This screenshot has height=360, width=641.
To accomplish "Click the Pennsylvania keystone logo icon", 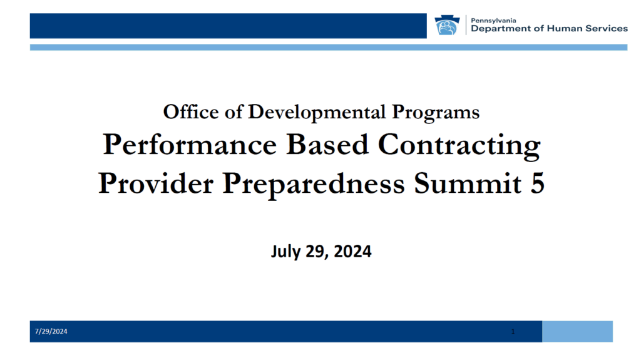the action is pyautogui.click(x=447, y=26).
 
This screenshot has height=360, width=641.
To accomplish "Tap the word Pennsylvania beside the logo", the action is pyautogui.click(x=493, y=21).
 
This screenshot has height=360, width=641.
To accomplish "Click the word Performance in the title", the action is pyautogui.click(x=190, y=145).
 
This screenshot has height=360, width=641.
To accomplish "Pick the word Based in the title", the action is pyautogui.click(x=327, y=145).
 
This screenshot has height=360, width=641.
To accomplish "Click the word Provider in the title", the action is pyautogui.click(x=156, y=183).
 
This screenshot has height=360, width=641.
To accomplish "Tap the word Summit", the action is pyautogui.click(x=468, y=183).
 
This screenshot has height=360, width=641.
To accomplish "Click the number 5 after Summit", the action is pyautogui.click(x=538, y=183).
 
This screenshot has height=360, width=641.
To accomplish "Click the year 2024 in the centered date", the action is pyautogui.click(x=353, y=251).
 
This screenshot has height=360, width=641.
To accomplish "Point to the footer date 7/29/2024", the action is pyautogui.click(x=51, y=331).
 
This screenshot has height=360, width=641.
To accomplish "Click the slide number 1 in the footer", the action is pyautogui.click(x=513, y=331).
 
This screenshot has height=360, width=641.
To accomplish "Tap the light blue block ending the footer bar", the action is pyautogui.click(x=577, y=331).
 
